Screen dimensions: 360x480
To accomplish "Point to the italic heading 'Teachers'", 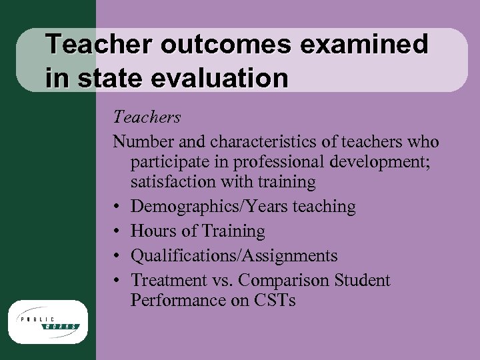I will pyautogui.click(x=147, y=117).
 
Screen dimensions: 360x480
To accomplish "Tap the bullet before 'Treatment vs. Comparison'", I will pyautogui.click(x=117, y=281).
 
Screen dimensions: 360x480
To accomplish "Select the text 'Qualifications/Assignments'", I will pyautogui.click(x=234, y=256).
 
